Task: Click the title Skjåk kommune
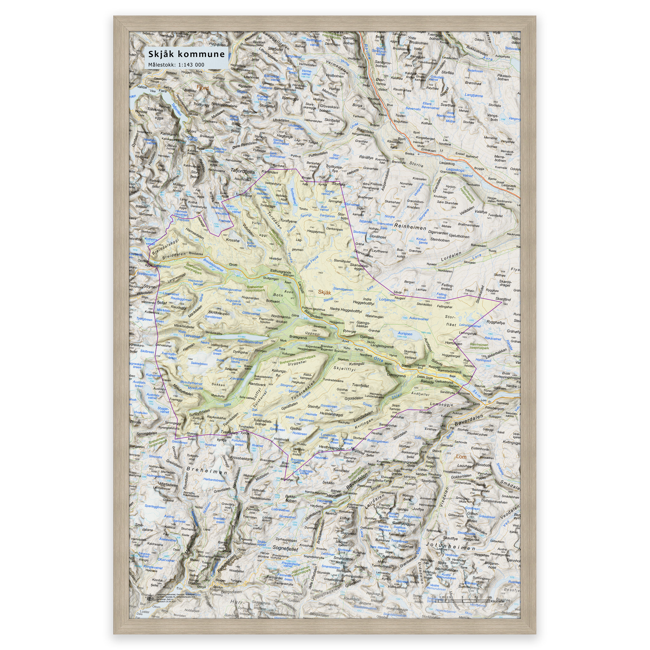[x=186, y=54]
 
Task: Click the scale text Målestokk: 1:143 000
[x=176, y=65]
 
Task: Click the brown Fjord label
[x=202, y=88]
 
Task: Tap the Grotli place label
[x=233, y=265]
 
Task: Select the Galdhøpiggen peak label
[x=403, y=524]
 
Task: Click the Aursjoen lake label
[x=405, y=334]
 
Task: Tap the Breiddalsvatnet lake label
[x=213, y=265]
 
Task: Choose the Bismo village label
[x=406, y=366]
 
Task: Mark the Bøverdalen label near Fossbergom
[x=468, y=421]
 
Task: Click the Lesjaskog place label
[x=447, y=163]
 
